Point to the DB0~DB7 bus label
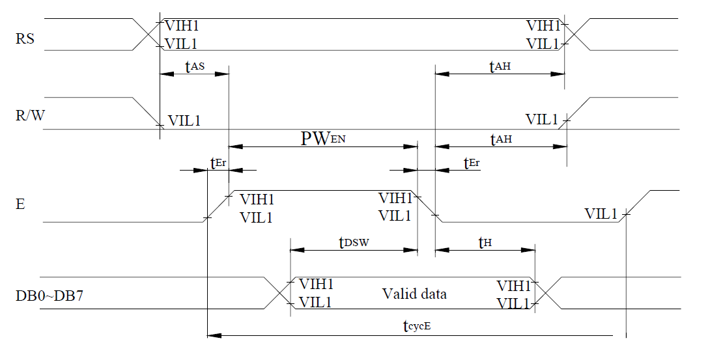point(49,296)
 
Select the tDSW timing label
point(354,242)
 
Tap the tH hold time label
point(485,243)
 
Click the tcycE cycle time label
point(418,327)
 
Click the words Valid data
point(414,294)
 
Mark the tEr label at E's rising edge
point(218,163)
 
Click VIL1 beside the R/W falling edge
point(184,120)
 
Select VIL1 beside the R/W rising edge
point(542,120)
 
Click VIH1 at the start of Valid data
point(316,284)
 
